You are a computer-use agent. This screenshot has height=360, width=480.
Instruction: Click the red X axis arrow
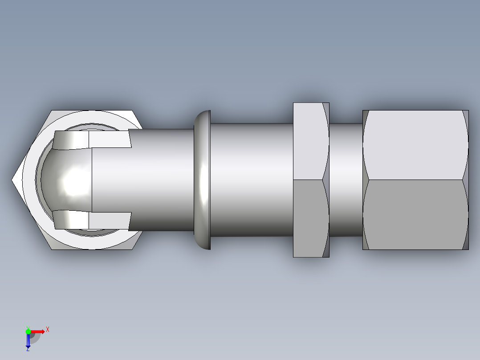click(38, 331)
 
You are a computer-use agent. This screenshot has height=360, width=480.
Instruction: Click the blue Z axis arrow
click(28, 341)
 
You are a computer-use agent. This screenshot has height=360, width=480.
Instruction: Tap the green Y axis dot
click(28, 331)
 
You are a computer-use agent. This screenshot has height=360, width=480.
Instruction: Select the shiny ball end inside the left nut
click(67, 180)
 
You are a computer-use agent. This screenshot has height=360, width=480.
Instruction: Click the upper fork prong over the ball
click(89, 139)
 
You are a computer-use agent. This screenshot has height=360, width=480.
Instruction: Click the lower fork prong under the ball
click(89, 220)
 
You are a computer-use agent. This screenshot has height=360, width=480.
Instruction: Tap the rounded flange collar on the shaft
click(203, 180)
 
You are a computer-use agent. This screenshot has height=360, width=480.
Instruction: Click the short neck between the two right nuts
click(346, 180)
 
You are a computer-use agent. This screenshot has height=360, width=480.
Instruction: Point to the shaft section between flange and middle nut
click(252, 180)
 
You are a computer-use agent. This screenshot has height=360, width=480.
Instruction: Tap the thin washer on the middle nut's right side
click(326, 180)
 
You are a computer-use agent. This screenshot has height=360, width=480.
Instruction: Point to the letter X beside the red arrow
click(48, 329)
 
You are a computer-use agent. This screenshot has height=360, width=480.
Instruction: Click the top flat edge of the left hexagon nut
click(91, 110)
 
